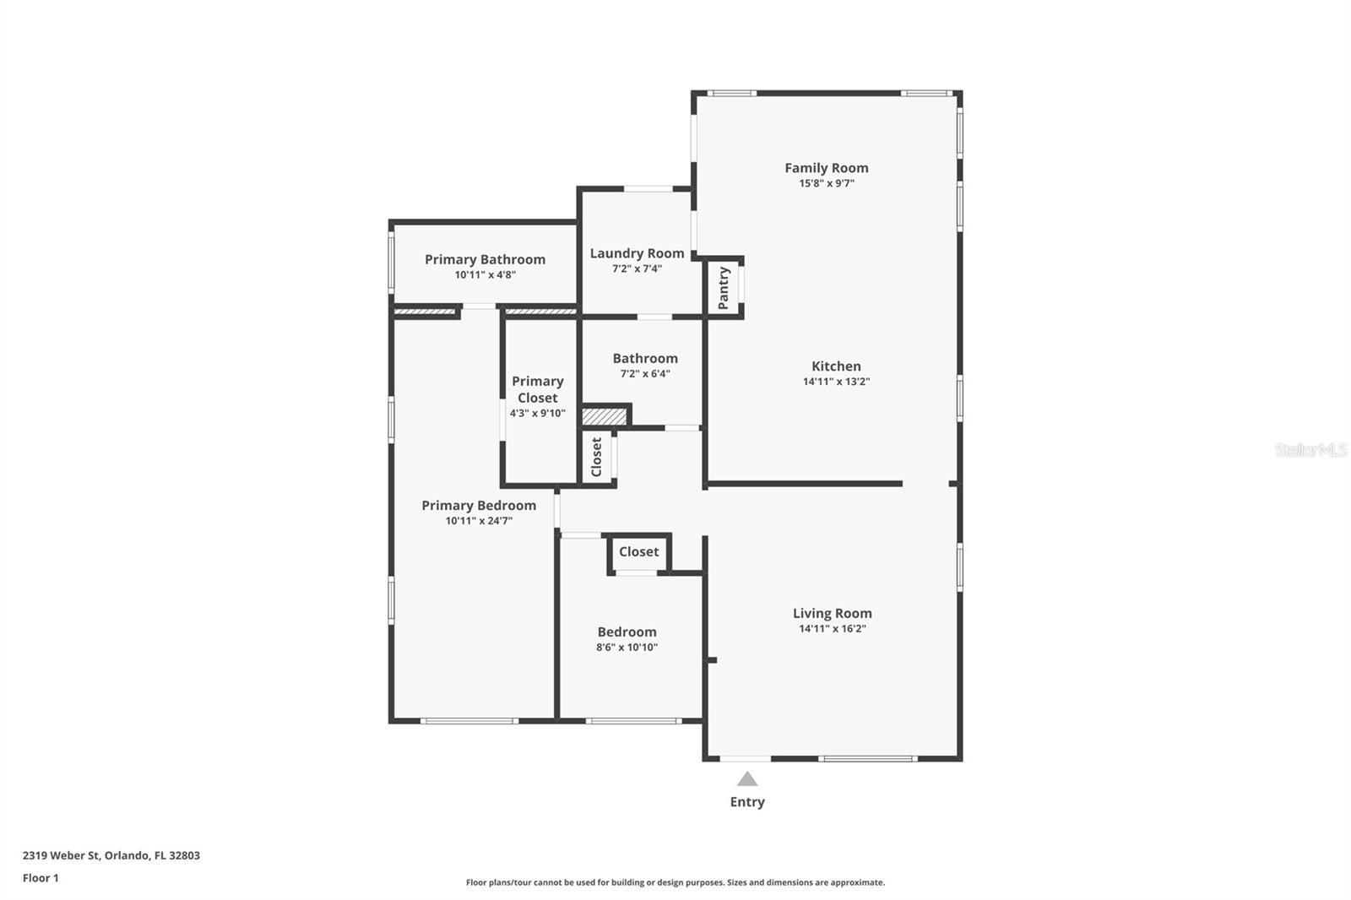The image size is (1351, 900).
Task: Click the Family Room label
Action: [x=826, y=168]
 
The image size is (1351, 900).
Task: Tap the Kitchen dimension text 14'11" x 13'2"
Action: [x=835, y=382]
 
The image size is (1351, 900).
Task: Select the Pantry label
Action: [x=724, y=288]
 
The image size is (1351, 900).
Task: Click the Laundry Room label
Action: [x=637, y=253]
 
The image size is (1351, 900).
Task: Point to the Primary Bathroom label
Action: [x=485, y=259]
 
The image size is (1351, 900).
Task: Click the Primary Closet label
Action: [x=537, y=389]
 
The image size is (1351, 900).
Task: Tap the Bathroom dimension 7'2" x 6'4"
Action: [x=644, y=374]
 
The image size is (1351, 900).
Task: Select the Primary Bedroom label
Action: [x=479, y=505]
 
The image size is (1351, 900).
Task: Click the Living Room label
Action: [x=832, y=613]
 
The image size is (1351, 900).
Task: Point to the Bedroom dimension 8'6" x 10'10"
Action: [x=627, y=648]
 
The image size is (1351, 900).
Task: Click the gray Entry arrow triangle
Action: [x=746, y=779]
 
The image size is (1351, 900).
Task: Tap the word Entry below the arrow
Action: [x=746, y=802]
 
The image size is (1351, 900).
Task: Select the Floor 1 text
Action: [x=41, y=878]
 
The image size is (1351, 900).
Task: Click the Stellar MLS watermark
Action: [x=1310, y=451]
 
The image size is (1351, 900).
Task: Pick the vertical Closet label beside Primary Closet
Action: [x=597, y=457]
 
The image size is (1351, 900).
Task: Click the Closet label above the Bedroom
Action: [x=638, y=552]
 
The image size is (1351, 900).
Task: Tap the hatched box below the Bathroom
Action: [x=605, y=417]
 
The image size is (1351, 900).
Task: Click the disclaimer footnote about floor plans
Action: [x=675, y=882]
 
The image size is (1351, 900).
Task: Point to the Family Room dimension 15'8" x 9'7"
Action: [x=826, y=183]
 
